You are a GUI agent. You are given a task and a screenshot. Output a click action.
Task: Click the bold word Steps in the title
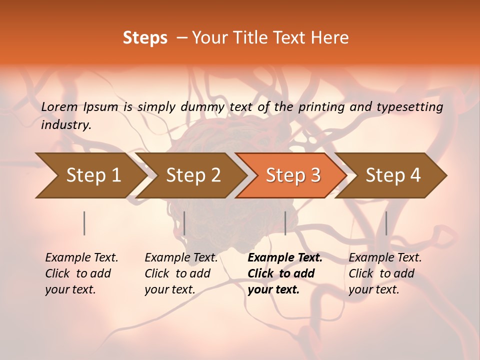coord(145,38)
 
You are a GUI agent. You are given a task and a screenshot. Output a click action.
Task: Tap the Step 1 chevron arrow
coord(93,175)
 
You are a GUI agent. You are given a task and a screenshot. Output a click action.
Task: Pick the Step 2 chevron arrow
coord(193,175)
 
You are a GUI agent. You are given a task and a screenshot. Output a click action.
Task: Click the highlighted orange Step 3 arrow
coord(293,175)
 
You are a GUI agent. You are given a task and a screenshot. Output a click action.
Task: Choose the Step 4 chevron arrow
coord(393,175)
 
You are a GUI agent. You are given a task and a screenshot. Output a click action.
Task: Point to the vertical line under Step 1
coord(84,223)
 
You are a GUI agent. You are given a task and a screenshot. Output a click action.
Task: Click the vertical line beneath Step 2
coord(184,223)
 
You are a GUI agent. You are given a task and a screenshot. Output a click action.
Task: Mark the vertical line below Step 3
coord(285,223)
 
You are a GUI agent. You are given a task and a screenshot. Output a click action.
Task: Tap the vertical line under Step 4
coord(386,223)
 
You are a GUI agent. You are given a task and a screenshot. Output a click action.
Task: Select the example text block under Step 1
coord(81,273)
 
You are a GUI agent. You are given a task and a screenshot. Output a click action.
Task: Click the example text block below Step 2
coord(181,273)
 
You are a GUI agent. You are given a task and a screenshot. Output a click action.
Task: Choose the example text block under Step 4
coord(385,273)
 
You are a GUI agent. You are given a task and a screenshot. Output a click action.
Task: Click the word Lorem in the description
coord(59,107)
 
